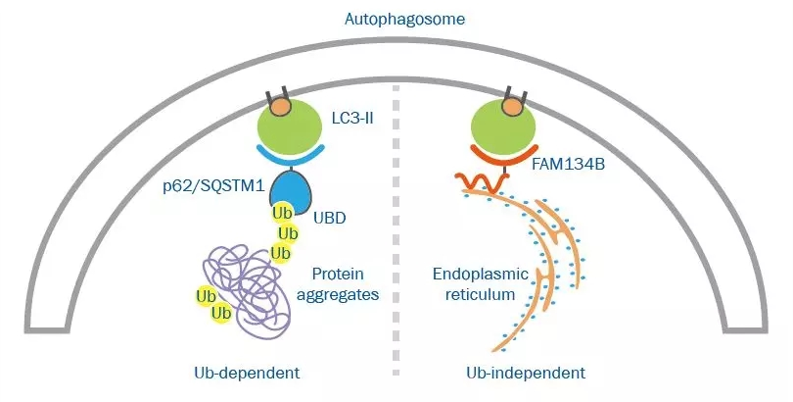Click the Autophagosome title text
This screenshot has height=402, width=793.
396,19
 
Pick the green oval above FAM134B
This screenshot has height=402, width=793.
505,127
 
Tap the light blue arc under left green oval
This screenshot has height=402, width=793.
290,156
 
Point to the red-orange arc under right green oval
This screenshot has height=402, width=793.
507,155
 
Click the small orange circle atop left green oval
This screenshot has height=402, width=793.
279,101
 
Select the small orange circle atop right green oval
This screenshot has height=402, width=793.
513,101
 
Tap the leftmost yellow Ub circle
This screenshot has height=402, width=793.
206,296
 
